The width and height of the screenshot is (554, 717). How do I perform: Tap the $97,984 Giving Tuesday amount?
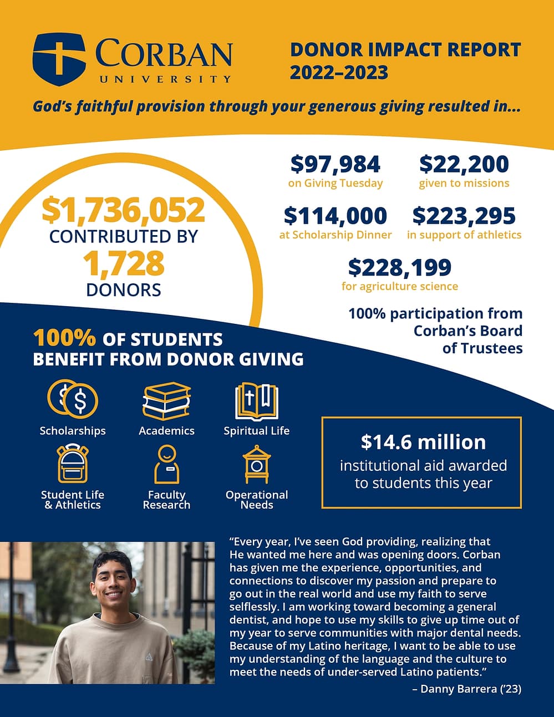(x=336, y=164)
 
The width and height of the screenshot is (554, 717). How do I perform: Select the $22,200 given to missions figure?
(x=464, y=164)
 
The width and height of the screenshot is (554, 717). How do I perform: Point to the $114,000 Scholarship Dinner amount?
(x=335, y=216)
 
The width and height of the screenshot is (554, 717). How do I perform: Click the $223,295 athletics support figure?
(x=464, y=216)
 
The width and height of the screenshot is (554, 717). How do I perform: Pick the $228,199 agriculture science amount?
(x=399, y=267)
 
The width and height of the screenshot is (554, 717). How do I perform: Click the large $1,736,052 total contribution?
(x=123, y=210)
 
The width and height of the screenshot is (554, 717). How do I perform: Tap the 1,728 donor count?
(x=123, y=263)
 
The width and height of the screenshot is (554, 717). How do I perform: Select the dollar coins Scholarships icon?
(x=73, y=400)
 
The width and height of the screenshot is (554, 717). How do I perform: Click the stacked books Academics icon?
(x=166, y=400)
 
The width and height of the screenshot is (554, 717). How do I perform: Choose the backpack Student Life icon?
(x=73, y=464)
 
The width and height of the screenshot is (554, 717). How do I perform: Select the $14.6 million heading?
(x=423, y=442)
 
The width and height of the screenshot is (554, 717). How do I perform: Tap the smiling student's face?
(x=113, y=582)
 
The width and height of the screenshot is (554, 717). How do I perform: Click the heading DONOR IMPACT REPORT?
(x=405, y=49)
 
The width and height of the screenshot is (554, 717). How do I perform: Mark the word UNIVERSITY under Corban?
(x=165, y=79)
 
